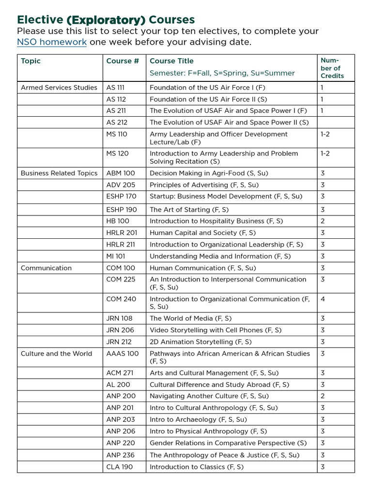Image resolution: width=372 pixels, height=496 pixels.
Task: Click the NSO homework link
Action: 52,42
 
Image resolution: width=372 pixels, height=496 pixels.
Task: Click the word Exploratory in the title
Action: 106,20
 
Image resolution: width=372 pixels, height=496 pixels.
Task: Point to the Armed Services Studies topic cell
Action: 59,88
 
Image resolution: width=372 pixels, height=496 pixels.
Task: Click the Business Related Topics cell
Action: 59,173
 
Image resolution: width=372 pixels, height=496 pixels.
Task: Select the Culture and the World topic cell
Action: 56,354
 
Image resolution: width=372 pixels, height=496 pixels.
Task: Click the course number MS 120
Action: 117,154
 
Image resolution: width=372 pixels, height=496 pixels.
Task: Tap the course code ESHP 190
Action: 122,210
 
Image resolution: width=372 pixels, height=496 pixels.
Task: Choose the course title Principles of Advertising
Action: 204,185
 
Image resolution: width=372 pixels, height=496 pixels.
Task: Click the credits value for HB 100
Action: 323,221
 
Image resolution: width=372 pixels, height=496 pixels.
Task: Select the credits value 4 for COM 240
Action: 323,299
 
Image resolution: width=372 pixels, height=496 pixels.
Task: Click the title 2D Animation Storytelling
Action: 201,342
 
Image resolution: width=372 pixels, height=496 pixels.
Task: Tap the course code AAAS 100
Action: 122,354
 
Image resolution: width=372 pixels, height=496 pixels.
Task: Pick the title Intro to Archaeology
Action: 198,419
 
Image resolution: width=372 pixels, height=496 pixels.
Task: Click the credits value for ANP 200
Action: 323,396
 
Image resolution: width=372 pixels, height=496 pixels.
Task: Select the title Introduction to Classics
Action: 197,467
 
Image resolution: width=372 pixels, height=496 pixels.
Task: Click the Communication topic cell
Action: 46,268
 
